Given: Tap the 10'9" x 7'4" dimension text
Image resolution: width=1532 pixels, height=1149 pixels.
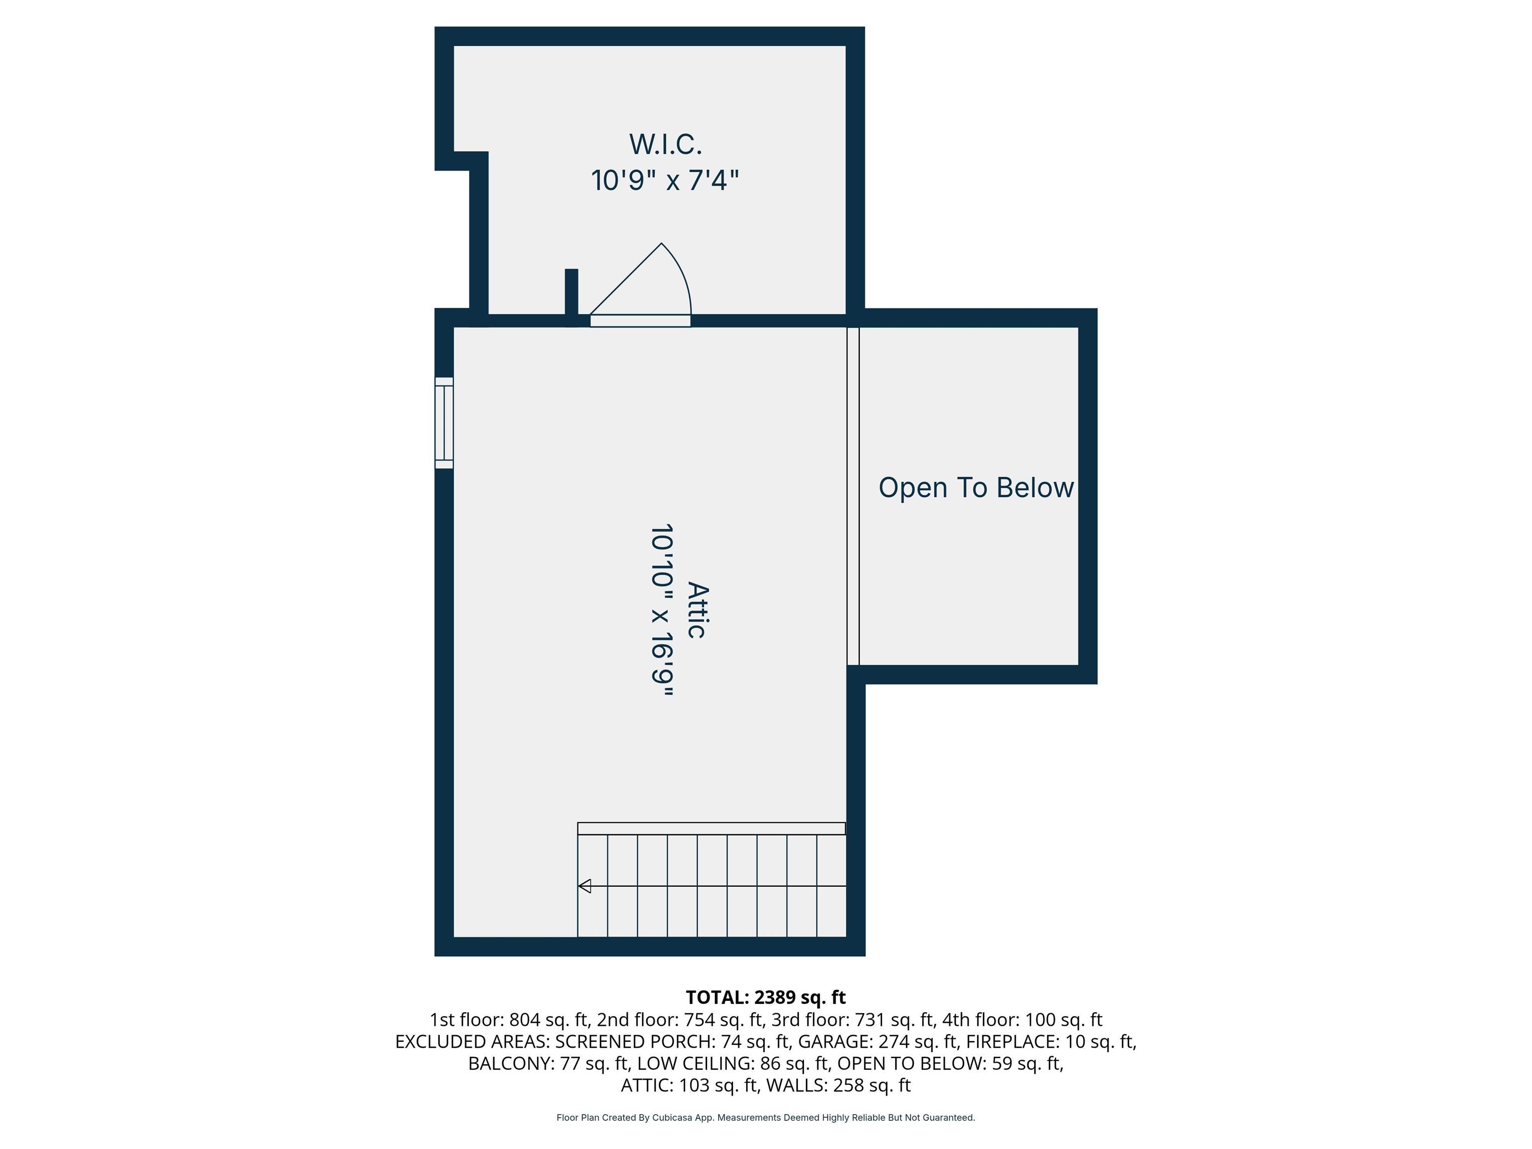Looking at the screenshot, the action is pos(665,181).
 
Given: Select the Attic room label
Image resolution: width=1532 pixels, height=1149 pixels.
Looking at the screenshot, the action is pos(698,610).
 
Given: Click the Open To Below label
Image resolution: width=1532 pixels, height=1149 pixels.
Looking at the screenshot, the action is pos(976,488).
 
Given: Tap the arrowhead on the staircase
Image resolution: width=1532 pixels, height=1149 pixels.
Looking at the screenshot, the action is pos(584,886).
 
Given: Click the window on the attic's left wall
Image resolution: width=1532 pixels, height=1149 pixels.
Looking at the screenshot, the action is pos(444,423).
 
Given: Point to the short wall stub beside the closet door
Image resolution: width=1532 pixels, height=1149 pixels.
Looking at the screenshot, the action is pos(572,296).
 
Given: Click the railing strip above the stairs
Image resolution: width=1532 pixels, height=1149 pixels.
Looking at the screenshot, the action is pos(711,828).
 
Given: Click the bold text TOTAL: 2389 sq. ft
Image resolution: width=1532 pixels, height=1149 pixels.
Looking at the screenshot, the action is pos(766,997).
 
